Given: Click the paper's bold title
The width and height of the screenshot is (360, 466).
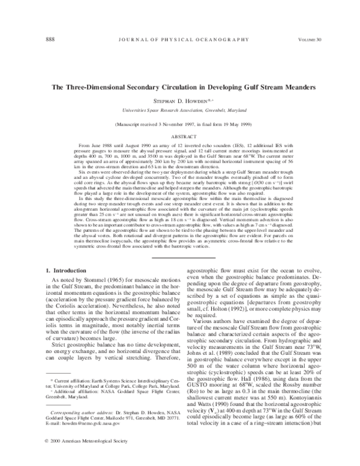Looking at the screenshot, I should [179, 86].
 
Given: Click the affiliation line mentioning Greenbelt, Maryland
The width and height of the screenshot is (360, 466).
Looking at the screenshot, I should [179, 110].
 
